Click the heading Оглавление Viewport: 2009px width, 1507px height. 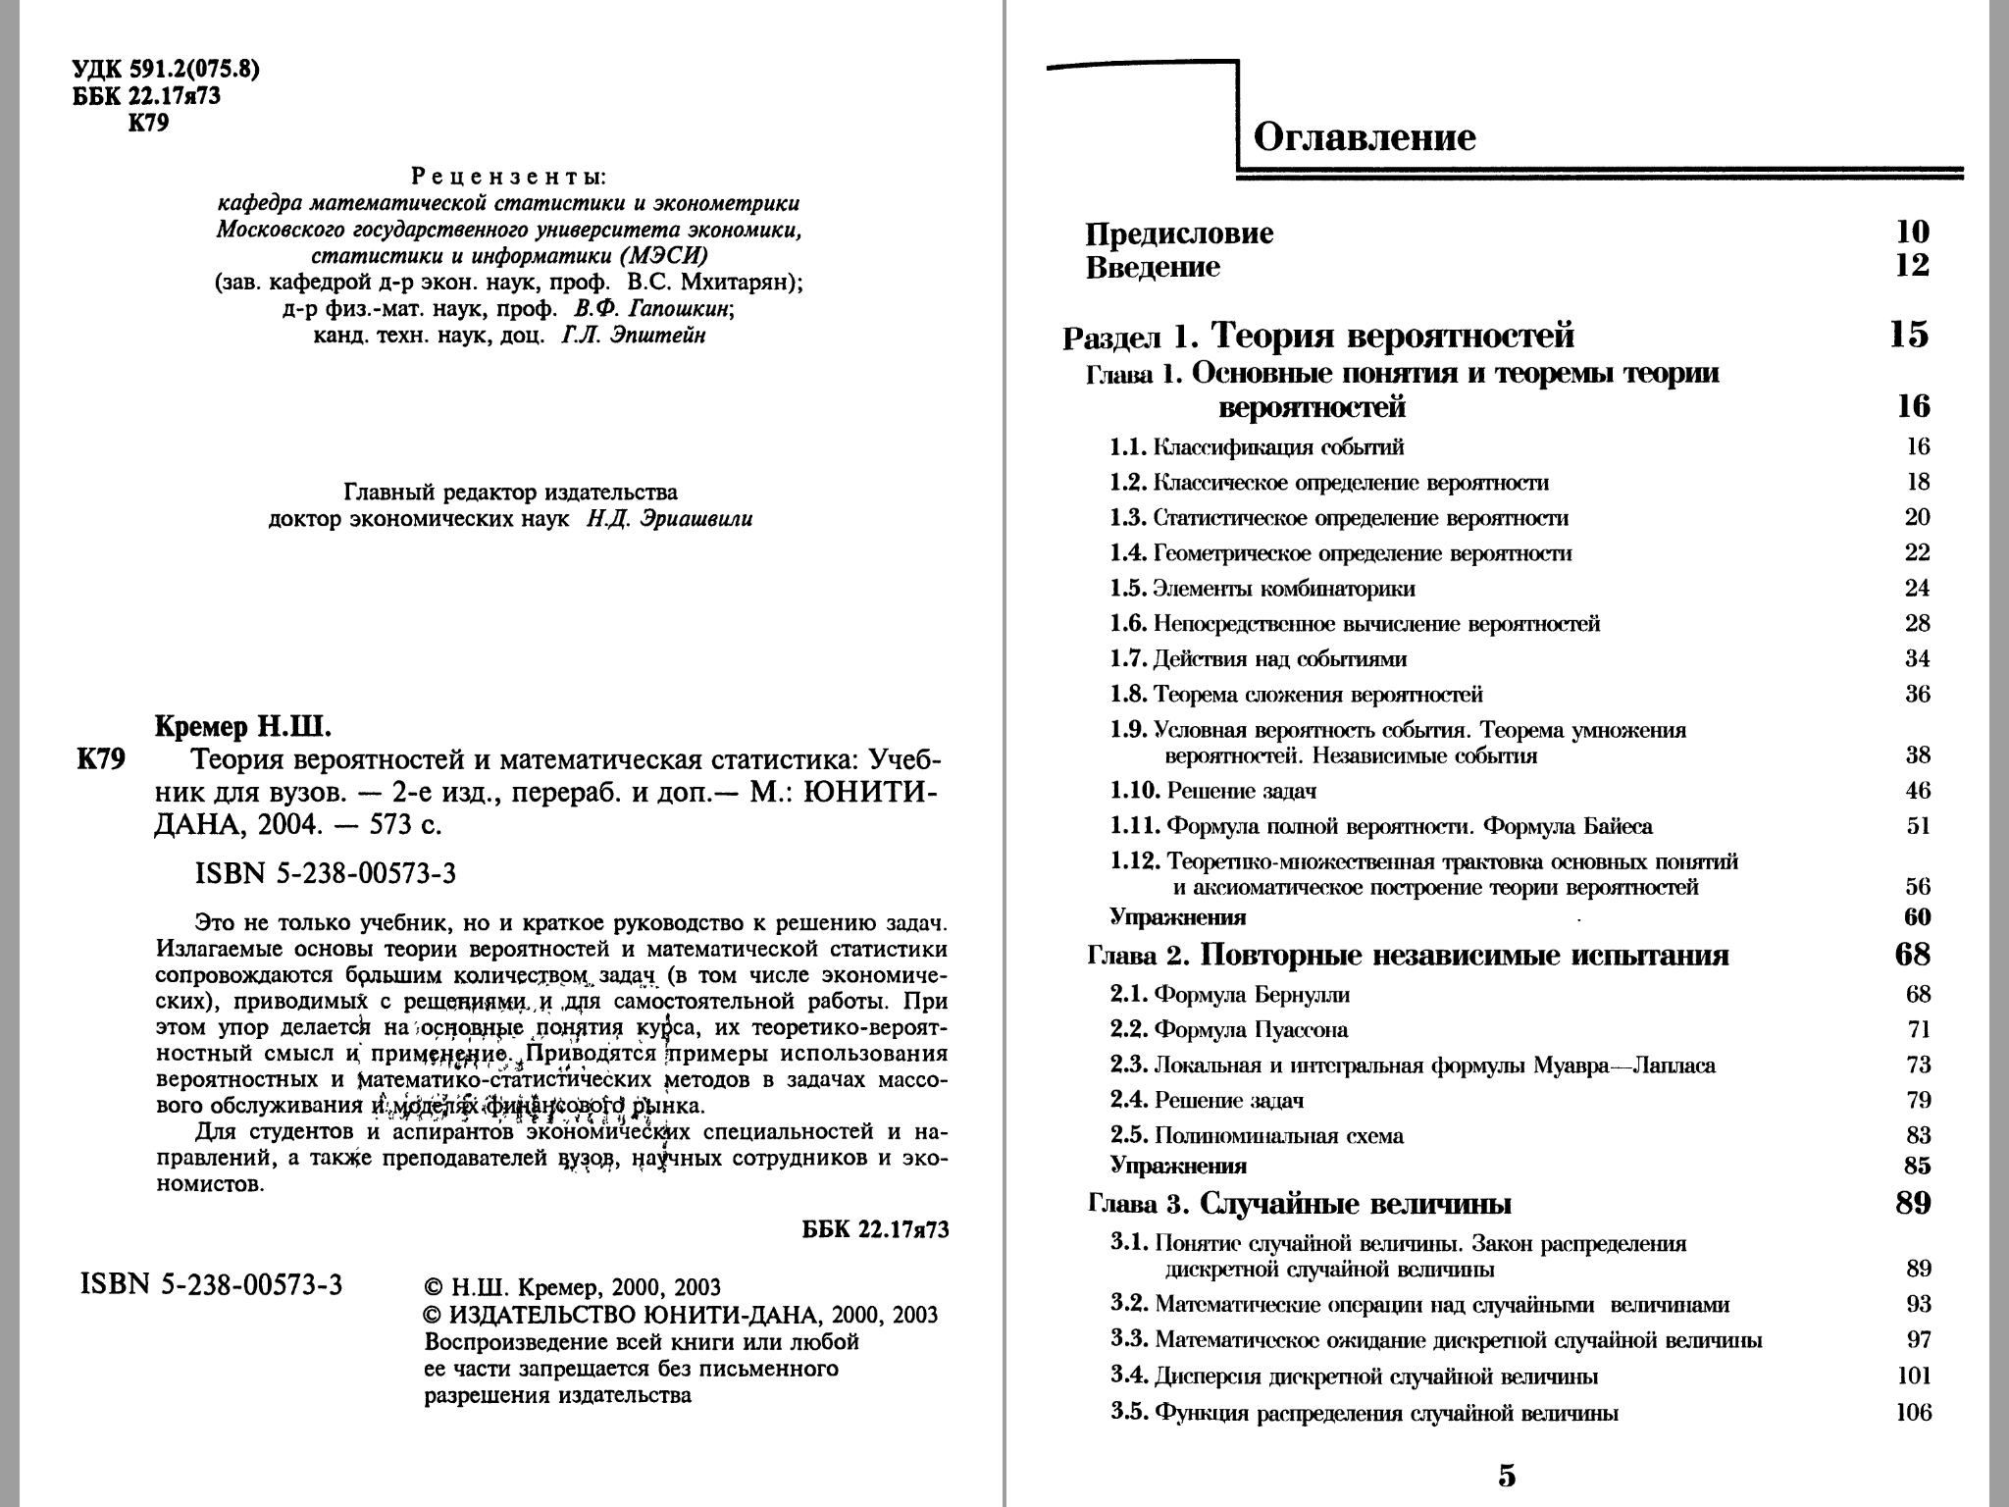pos(1365,136)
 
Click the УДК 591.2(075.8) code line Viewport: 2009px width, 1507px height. pos(167,71)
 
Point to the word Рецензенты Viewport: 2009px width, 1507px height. pos(509,178)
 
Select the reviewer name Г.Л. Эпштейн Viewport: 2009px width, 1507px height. pos(634,336)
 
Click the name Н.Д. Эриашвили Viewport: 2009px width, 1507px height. pos(670,519)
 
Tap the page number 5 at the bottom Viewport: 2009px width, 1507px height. pos(1507,1475)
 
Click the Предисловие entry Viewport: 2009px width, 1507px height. pos(1179,234)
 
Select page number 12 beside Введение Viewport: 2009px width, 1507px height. pos(1912,266)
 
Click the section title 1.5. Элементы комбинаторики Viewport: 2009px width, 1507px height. pos(1262,589)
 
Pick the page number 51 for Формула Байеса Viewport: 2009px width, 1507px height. pos(1918,826)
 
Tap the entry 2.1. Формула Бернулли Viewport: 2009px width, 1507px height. pos(1230,995)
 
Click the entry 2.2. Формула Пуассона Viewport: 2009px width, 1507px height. pos(1229,1030)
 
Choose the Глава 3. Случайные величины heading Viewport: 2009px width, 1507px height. pos(1300,1203)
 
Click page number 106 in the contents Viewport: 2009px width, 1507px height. pos(1913,1413)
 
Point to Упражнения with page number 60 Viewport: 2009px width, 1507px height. pos(1178,917)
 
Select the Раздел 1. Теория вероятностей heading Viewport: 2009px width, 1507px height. pos(1318,337)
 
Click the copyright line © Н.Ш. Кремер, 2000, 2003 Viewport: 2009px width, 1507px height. pos(571,1287)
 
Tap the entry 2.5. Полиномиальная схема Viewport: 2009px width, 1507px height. pos(1257,1136)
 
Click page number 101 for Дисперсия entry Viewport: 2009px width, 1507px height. pos(1913,1377)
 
